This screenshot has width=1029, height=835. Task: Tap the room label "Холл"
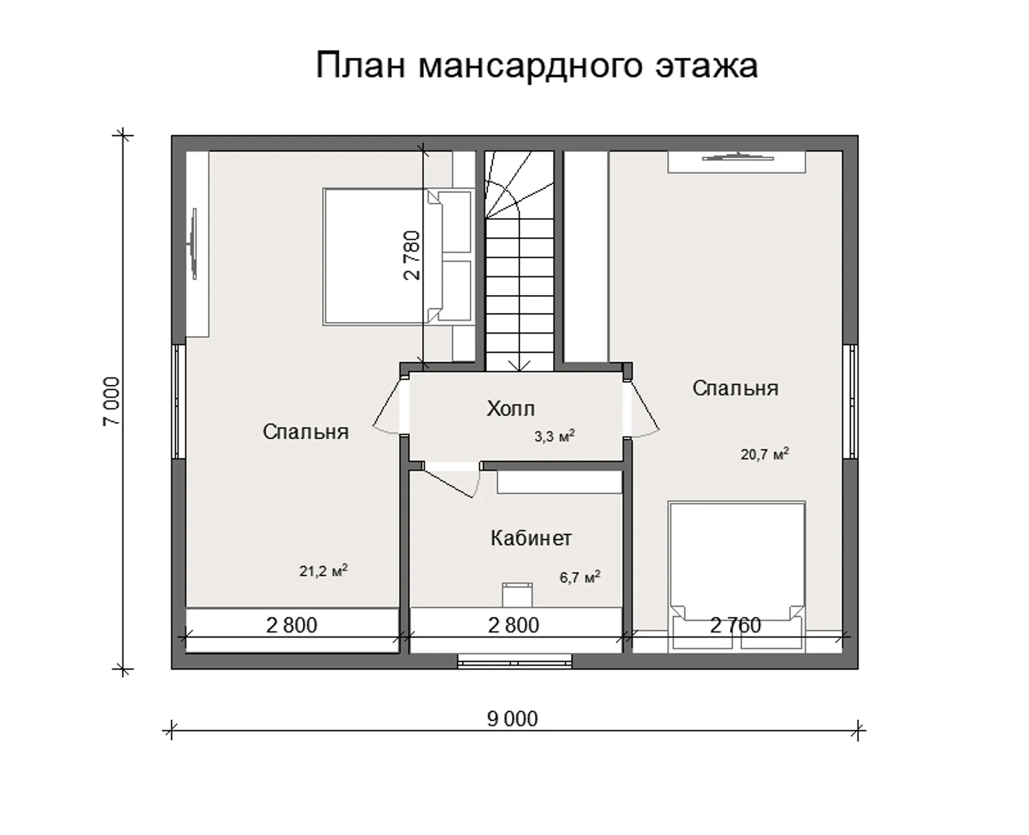(x=510, y=409)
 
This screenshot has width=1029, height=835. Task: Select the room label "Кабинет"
(x=531, y=538)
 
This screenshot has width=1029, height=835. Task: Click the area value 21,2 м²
(x=323, y=571)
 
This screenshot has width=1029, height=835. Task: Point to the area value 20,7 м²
(x=764, y=454)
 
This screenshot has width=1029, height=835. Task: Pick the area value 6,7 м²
(x=579, y=577)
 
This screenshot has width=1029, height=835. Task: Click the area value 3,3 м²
(x=554, y=437)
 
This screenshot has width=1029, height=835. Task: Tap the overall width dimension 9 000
(x=512, y=719)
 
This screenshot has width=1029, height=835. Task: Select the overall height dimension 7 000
(x=111, y=402)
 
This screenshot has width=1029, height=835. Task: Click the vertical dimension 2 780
(x=412, y=255)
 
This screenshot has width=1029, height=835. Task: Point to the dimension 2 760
(x=735, y=625)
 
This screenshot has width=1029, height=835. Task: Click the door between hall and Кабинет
(x=450, y=479)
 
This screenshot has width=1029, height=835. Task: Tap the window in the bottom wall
(x=514, y=660)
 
